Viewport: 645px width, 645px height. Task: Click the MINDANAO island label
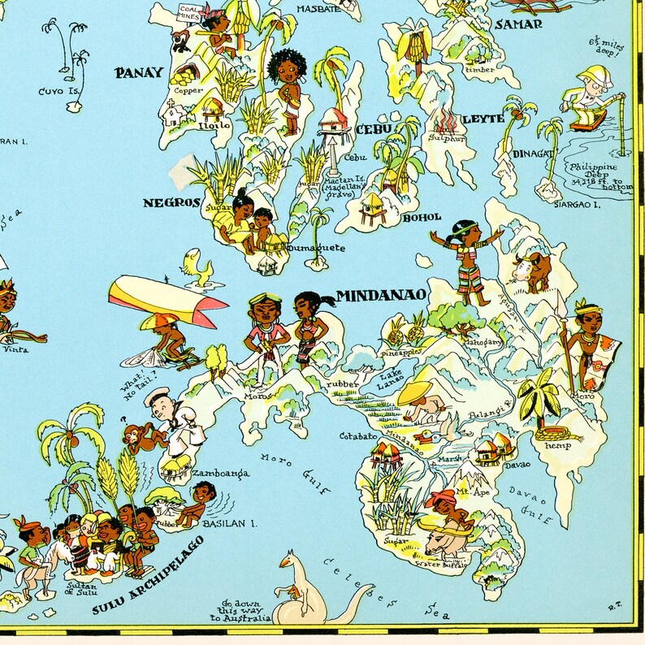pos(381,296)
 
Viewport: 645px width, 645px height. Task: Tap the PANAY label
pos(139,73)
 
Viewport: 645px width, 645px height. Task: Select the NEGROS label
pos(171,203)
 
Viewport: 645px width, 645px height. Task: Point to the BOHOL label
pos(421,217)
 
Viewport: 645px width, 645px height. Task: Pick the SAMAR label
pos(517,24)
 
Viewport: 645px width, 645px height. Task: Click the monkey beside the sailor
pos(136,435)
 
